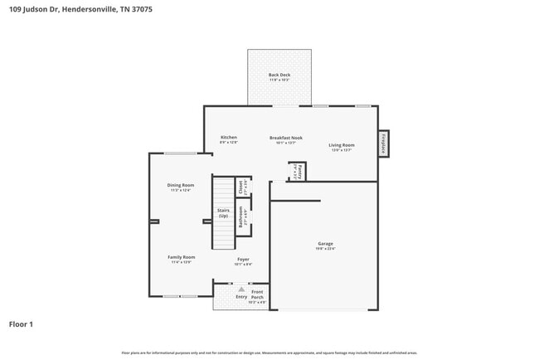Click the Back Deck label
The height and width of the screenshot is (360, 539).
pyautogui.click(x=279, y=75)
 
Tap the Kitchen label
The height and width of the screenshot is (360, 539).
pyautogui.click(x=228, y=137)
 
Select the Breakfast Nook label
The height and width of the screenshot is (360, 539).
pyautogui.click(x=285, y=137)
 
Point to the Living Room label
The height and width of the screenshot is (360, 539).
pyautogui.click(x=342, y=145)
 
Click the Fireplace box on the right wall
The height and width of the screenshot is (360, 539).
pyautogui.click(x=383, y=143)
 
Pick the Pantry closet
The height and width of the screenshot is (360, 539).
pyautogui.click(x=298, y=172)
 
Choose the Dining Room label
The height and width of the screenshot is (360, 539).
pyautogui.click(x=181, y=185)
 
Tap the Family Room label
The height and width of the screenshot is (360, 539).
pyautogui.click(x=181, y=257)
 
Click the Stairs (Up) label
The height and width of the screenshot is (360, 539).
pyautogui.click(x=223, y=212)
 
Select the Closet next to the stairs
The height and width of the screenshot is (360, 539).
pyautogui.click(x=242, y=187)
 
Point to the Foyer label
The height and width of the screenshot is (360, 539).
pyautogui.click(x=243, y=259)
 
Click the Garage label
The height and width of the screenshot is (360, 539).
pyautogui.click(x=324, y=243)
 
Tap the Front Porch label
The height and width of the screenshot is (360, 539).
pyautogui.click(x=258, y=294)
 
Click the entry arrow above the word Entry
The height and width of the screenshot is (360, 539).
pyautogui.click(x=241, y=289)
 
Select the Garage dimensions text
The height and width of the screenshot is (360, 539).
pyautogui.click(x=324, y=249)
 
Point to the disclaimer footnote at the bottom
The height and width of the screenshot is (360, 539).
pyautogui.click(x=269, y=353)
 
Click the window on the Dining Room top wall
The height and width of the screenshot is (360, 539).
pyautogui.click(x=180, y=153)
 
